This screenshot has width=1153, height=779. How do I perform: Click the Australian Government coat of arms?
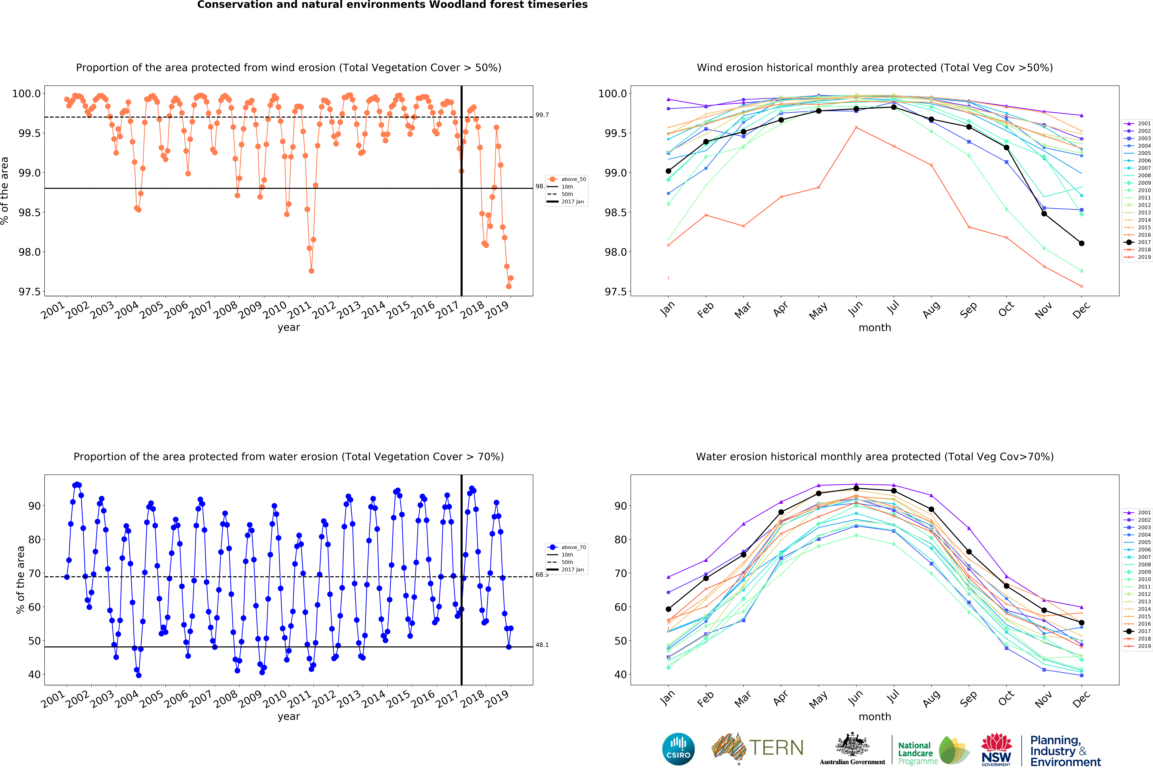pyautogui.click(x=852, y=744)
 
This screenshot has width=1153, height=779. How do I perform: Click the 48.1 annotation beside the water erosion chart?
pyautogui.click(x=542, y=645)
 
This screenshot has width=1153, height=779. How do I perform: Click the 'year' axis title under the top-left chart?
pyautogui.click(x=289, y=327)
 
